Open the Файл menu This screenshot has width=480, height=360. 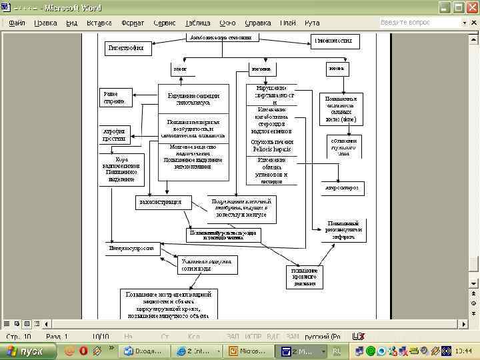pyautogui.click(x=17, y=23)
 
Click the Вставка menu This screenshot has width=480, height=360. pyautogui.click(x=99, y=23)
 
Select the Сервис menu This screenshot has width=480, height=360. pyautogui.click(x=165, y=23)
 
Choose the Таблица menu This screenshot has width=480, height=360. pyautogui.click(x=197, y=23)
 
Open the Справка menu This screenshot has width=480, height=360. pyautogui.click(x=258, y=23)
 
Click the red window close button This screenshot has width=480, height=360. pyautogui.click(x=472, y=8)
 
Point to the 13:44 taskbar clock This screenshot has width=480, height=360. pyautogui.click(x=464, y=351)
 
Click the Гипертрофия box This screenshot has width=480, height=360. pyautogui.click(x=129, y=49)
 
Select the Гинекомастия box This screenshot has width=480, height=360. pyautogui.click(x=335, y=41)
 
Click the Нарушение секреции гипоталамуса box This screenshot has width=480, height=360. pyautogui.click(x=193, y=99)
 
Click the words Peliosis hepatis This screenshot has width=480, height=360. pyautogui.click(x=272, y=150)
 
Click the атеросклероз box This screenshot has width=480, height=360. pyautogui.click(x=342, y=189)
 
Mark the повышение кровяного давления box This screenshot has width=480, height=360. pyautogui.click(x=304, y=277)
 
